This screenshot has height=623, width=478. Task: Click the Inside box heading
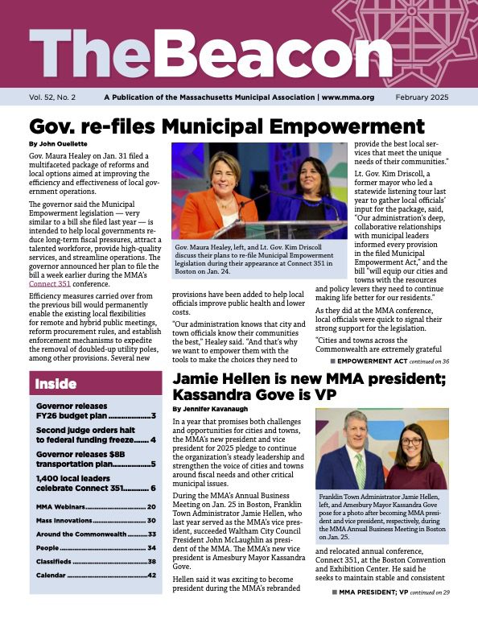[56, 385]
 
